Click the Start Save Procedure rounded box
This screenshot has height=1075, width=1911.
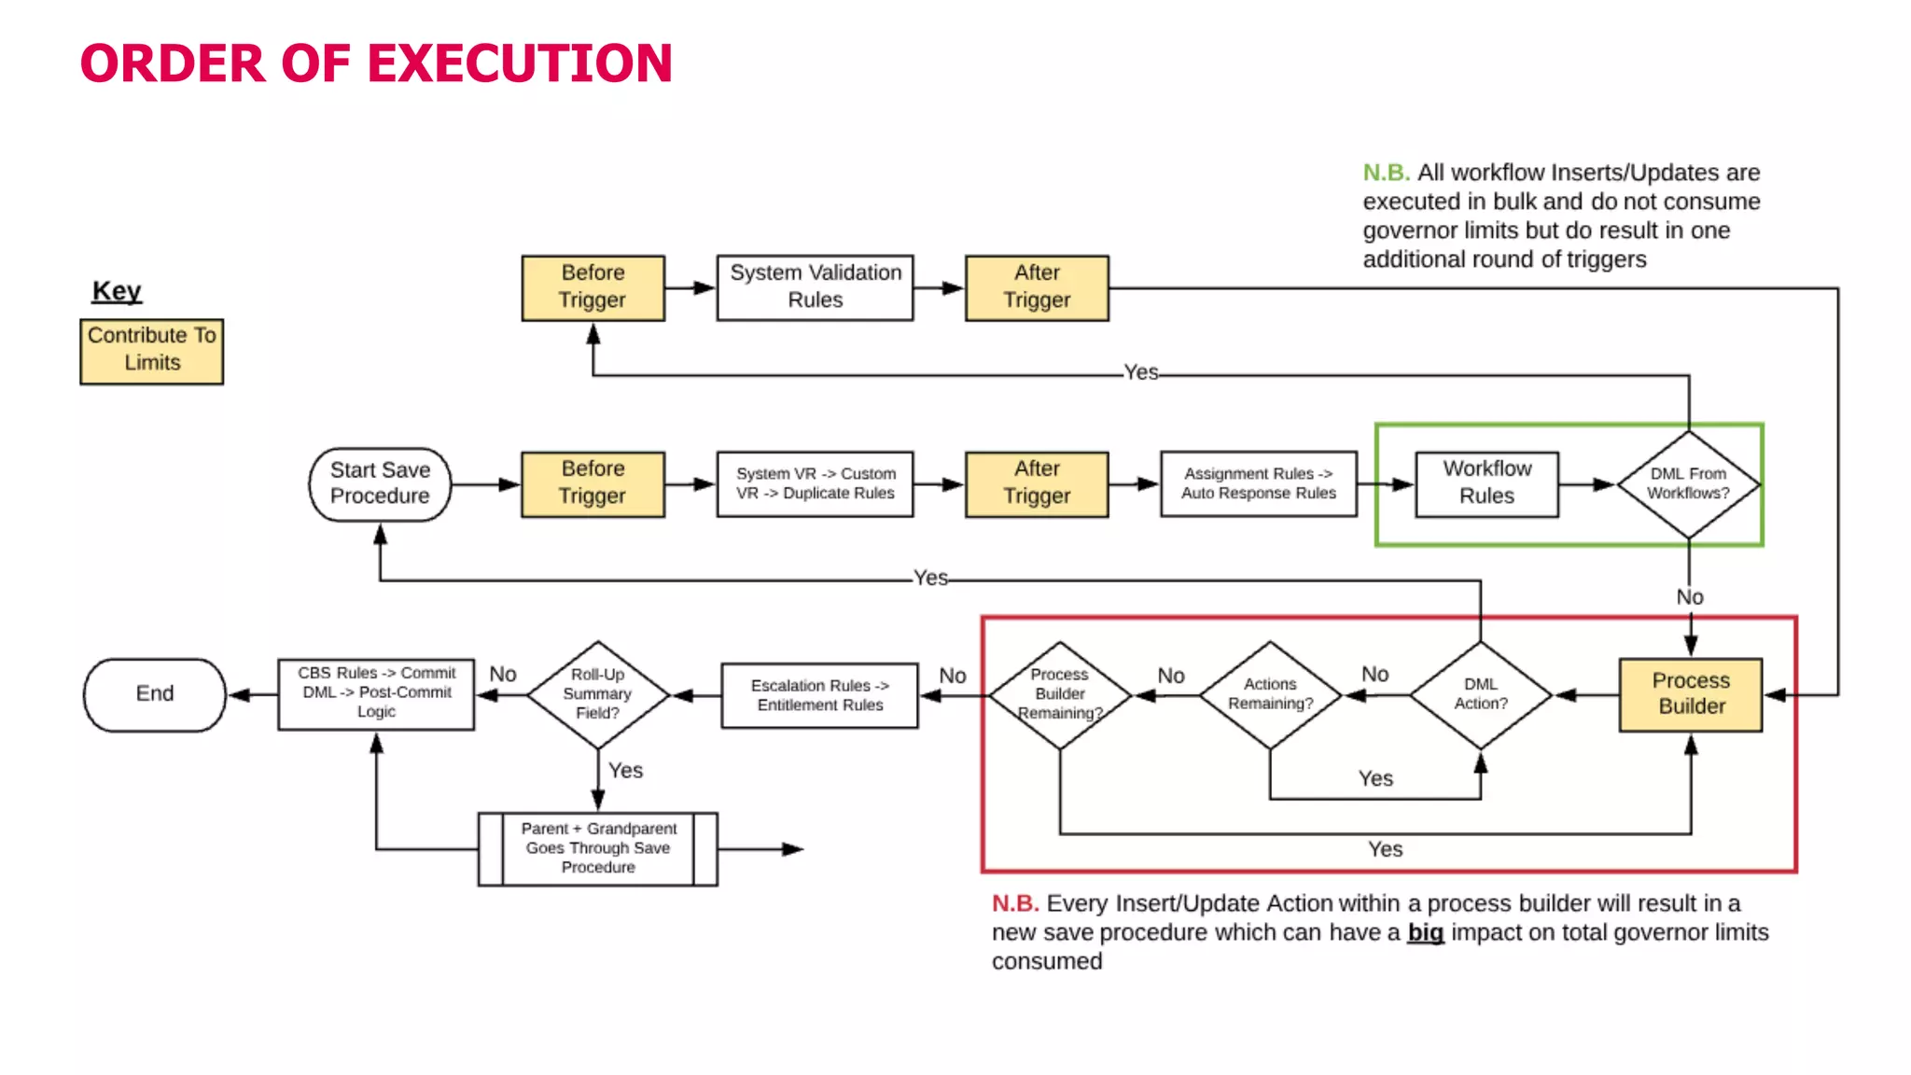point(380,483)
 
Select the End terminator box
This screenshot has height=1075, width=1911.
point(155,694)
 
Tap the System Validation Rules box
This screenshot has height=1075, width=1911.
point(815,286)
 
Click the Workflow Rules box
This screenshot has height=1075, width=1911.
point(1486,483)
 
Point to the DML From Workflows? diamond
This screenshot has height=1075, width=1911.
point(1688,483)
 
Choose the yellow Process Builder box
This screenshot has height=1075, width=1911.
point(1691,694)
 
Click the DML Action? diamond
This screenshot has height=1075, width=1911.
point(1480,694)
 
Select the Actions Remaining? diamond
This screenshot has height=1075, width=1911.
point(1270,694)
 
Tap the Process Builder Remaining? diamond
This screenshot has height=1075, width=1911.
point(1060,694)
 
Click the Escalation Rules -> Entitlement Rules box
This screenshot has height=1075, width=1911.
point(819,695)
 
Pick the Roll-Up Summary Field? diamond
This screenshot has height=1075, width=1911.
point(598,694)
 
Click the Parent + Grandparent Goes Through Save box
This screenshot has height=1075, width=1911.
point(598,848)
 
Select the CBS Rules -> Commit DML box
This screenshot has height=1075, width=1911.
point(376,693)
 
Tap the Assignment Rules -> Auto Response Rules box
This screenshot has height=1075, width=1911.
point(1258,483)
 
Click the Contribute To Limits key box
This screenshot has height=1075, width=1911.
point(152,350)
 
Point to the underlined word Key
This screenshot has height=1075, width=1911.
point(117,291)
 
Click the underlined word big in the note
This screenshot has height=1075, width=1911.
point(1425,932)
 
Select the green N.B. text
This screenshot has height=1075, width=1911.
point(1386,173)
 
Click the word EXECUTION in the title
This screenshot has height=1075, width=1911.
point(521,63)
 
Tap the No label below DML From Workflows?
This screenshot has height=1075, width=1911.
point(1689,597)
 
